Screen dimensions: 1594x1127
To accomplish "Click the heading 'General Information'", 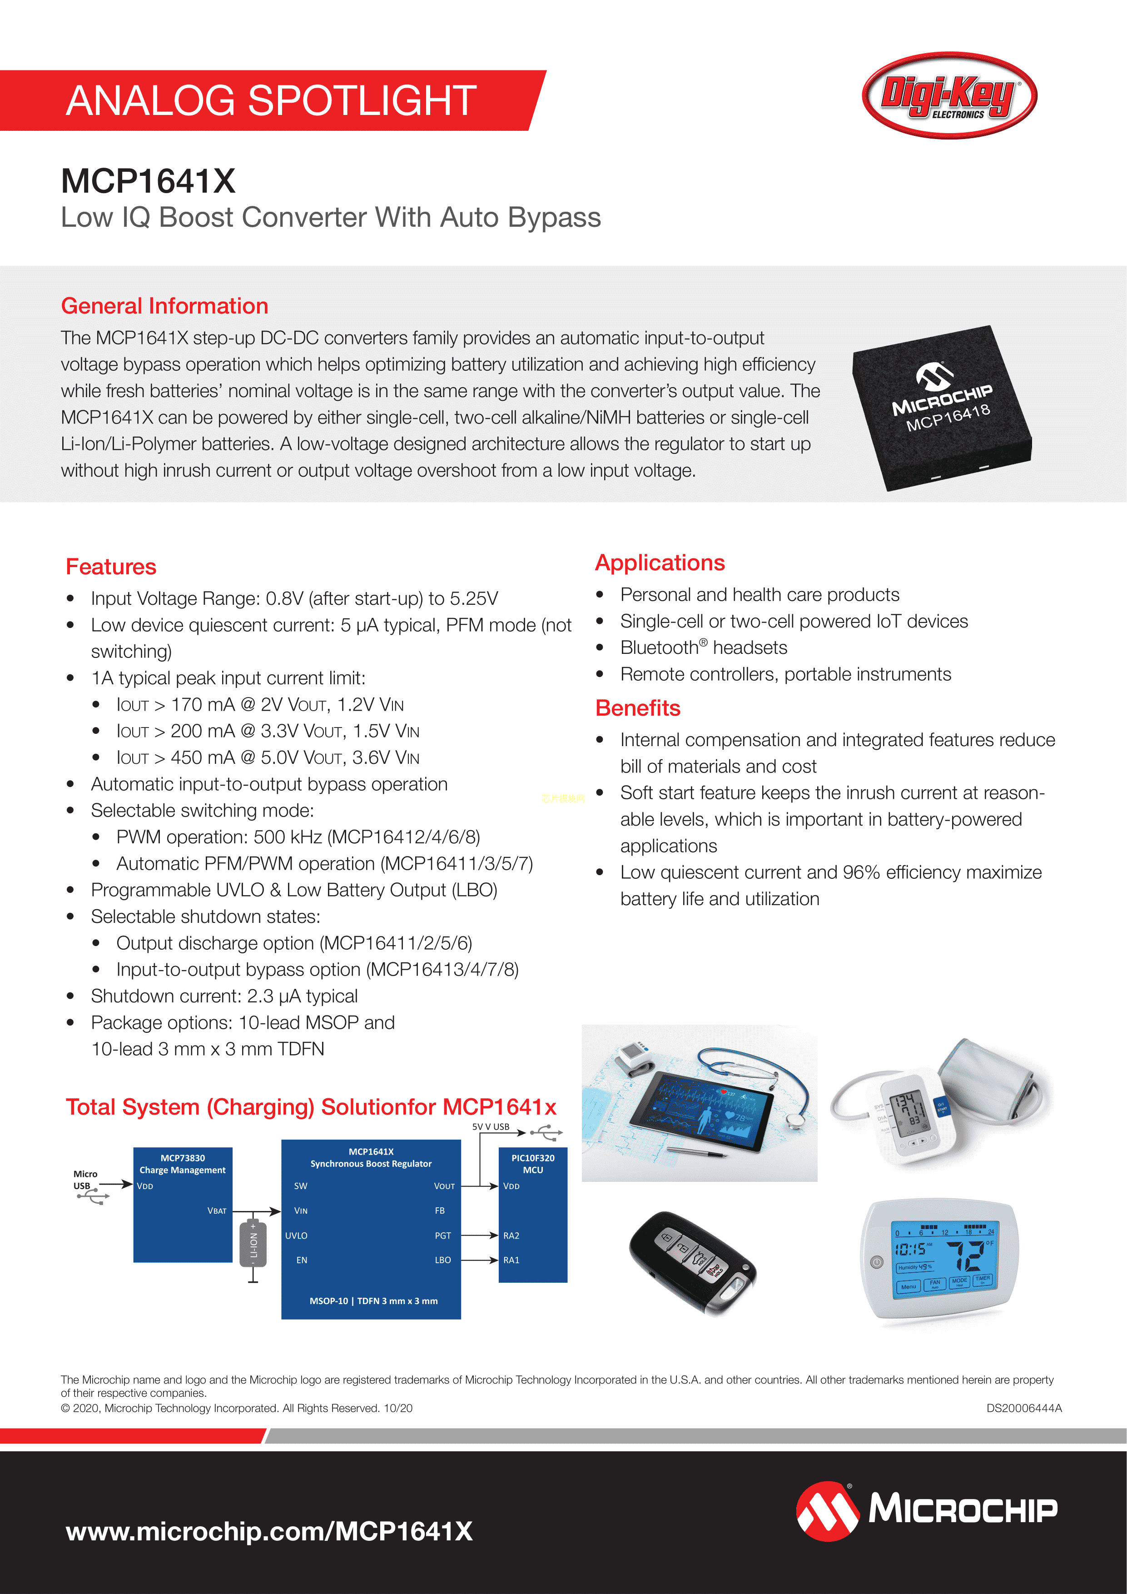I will (x=164, y=306).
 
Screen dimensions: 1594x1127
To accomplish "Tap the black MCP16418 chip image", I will (x=942, y=408).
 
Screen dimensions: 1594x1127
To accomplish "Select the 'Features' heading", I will (x=111, y=567).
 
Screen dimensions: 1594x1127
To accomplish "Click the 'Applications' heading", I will (x=660, y=563).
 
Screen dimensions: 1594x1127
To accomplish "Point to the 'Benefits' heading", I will (x=638, y=708).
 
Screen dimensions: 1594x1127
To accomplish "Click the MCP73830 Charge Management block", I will (x=183, y=1205).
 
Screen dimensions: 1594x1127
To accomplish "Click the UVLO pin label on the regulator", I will (x=296, y=1236).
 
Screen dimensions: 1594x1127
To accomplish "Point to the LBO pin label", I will (x=443, y=1260).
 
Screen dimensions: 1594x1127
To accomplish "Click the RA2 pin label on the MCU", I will (x=511, y=1236).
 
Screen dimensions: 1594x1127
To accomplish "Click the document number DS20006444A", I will (x=1023, y=1408).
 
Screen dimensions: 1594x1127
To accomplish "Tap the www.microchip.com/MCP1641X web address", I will (x=269, y=1531).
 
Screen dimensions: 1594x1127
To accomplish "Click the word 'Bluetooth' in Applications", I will (x=659, y=648).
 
